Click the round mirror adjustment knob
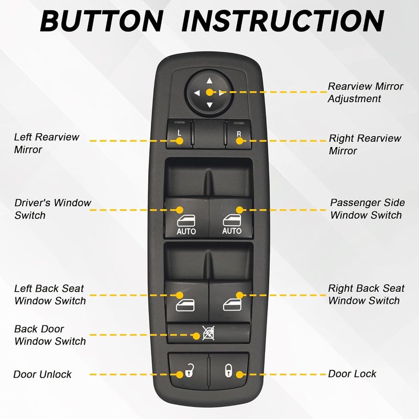point(210,93)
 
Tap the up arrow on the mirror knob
point(210,81)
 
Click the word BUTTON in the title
point(102,21)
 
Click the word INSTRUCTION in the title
point(286,21)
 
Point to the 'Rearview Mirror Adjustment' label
point(365,92)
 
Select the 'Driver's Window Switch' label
point(52,209)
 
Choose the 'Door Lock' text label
point(352,374)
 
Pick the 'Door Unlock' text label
point(42,374)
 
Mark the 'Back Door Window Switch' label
point(50,335)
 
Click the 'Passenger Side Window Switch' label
point(366,209)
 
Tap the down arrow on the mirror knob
point(210,105)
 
